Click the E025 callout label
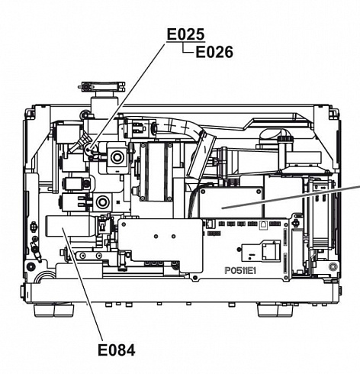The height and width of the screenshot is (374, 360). coord(185,34)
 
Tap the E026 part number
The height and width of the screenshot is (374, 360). coord(214,52)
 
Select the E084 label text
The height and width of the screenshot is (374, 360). coord(117,350)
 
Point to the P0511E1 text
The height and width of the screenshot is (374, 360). coord(240,271)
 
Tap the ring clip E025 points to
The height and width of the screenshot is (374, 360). coord(88,150)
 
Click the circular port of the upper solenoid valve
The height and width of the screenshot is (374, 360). coord(117,157)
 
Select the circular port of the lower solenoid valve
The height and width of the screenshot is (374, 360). coord(102,202)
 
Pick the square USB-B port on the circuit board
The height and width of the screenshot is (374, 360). coord(263,224)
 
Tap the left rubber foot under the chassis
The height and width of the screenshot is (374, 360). coord(54,309)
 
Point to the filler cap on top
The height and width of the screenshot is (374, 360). coord(101,86)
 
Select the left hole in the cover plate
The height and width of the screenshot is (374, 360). coord(156,237)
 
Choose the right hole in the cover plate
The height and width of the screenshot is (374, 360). coord(173,237)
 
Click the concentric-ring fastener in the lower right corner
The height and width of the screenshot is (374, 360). coord(333,266)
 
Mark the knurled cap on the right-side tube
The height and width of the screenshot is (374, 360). coord(285,139)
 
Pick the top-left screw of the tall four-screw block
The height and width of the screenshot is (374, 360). coord(143,146)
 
